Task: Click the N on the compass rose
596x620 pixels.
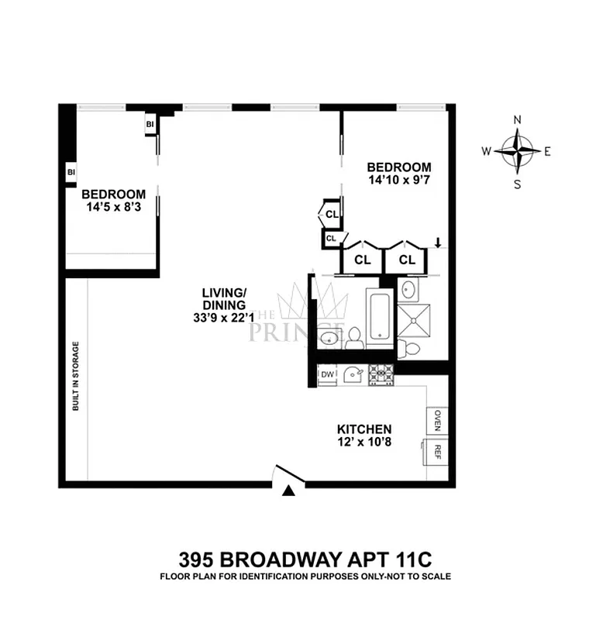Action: [518, 120]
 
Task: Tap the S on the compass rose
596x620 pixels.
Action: [518, 184]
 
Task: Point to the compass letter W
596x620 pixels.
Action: [487, 152]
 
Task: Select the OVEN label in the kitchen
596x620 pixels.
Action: [437, 420]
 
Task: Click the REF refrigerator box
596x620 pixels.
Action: [437, 452]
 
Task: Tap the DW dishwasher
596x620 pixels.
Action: [327, 375]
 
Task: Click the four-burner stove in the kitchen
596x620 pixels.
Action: [381, 374]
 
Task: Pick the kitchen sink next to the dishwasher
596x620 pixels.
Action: [353, 374]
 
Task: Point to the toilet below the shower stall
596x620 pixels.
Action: [411, 349]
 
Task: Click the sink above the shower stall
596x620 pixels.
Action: [410, 291]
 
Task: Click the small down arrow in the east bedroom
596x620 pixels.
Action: [438, 243]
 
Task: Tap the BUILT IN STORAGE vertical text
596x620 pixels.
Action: [76, 375]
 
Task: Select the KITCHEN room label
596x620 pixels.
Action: [363, 429]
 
